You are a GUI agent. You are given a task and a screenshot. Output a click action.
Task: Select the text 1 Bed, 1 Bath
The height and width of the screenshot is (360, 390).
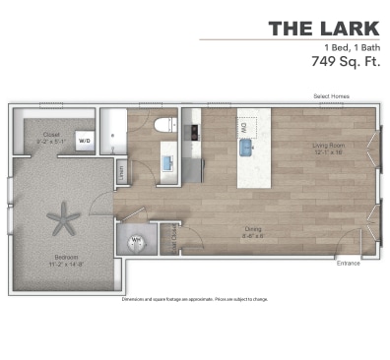(x=349, y=46)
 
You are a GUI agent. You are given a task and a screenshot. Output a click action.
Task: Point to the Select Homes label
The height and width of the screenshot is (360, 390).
(x=331, y=95)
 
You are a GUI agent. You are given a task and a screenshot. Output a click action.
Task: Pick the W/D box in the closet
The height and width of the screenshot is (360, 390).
(x=85, y=140)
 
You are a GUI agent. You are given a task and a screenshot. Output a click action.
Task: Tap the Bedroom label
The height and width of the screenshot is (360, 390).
(x=66, y=259)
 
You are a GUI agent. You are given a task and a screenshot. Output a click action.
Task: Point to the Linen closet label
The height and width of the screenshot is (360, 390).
(x=121, y=172)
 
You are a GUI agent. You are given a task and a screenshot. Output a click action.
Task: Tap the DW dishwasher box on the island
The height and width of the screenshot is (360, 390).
(x=243, y=125)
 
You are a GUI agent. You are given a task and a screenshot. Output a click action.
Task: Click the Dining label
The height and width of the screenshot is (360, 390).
(x=254, y=230)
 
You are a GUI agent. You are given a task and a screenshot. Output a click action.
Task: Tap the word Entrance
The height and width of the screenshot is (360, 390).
(x=348, y=264)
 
